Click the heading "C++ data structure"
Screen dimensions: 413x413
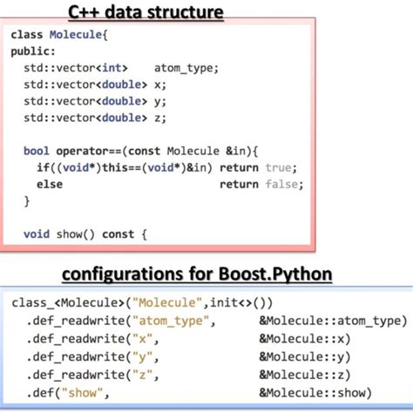[146, 13]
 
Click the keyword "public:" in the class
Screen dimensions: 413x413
[32, 51]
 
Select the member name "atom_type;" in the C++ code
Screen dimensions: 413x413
[186, 68]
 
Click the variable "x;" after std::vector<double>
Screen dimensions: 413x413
[158, 85]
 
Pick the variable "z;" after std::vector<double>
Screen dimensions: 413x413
[158, 118]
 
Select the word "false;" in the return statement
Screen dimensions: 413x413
[283, 184]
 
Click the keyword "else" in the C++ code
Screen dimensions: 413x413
[50, 184]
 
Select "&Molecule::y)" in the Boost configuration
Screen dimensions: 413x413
[304, 356]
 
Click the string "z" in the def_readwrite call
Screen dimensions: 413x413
[138, 375]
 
